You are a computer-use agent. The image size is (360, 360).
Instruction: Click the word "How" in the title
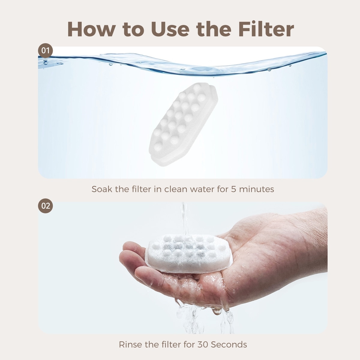pos(91,29)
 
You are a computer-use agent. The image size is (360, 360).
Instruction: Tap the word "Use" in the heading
pos(170,29)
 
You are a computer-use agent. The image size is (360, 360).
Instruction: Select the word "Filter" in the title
pos(266,29)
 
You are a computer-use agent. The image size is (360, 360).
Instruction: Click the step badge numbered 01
pos(45,51)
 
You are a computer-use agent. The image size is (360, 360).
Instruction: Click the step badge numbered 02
pos(45,206)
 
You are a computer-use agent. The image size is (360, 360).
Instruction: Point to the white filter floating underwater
pos(184,124)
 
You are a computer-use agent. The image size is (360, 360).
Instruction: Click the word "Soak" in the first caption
pos(102,189)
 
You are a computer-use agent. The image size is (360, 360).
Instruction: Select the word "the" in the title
pos(214,29)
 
